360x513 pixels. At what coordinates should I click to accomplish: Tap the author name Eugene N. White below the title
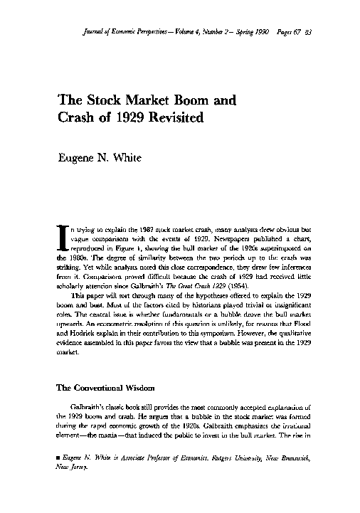pyautogui.click(x=100, y=157)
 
